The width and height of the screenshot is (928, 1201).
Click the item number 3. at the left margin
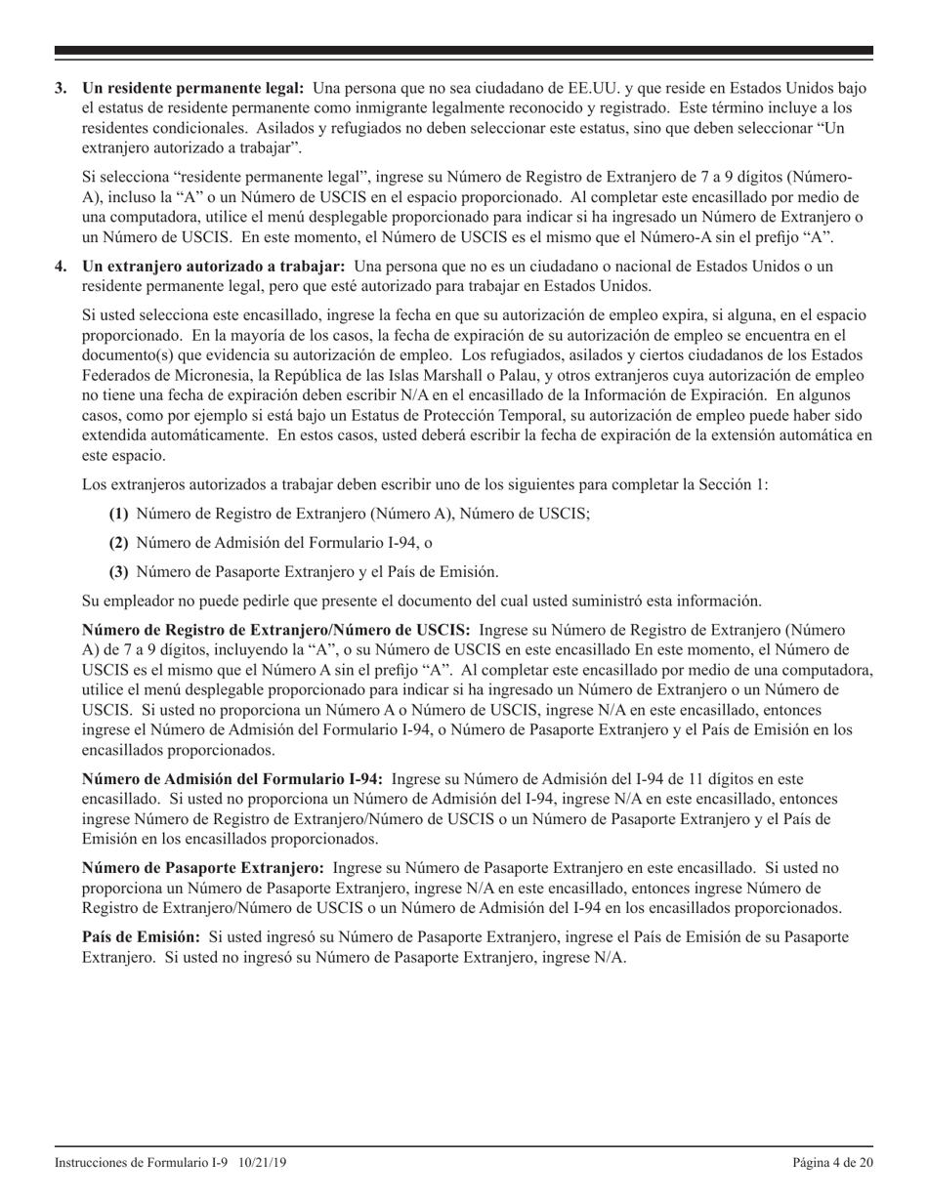pos(61,89)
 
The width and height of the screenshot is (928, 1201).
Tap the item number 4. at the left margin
pos(61,267)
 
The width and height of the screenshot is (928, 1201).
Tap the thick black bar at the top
pos(464,51)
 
